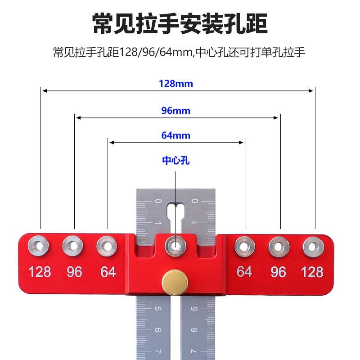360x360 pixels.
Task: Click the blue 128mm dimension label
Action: tap(175, 84)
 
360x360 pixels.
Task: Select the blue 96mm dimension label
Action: tap(175, 111)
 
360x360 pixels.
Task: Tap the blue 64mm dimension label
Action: tap(175, 135)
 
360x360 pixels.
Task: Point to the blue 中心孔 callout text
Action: tap(175, 161)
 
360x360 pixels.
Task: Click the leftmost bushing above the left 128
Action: tap(39, 246)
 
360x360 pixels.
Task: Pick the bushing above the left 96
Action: tap(73, 246)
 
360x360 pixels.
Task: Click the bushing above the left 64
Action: tap(107, 246)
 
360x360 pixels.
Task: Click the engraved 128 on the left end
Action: tap(40, 272)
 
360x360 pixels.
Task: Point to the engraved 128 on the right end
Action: tap(312, 272)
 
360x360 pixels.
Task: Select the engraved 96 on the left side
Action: tap(74, 272)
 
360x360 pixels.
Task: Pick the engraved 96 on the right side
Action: tap(279, 272)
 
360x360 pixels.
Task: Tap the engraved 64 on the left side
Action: tap(108, 272)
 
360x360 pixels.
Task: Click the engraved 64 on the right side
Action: tap(244, 272)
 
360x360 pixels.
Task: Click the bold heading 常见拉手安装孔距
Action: tap(180, 23)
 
